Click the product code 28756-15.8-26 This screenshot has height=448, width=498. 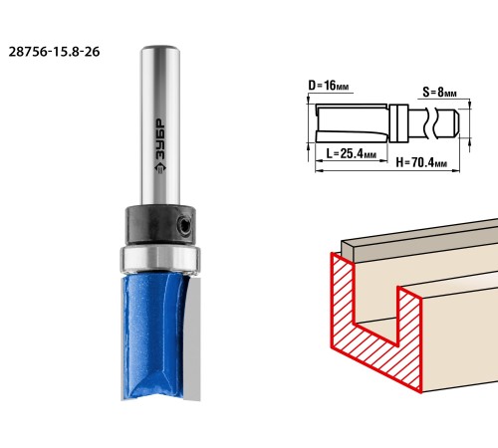pyautogui.click(x=54, y=52)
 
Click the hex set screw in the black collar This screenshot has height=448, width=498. pyautogui.click(x=183, y=226)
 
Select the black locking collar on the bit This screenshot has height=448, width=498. pyautogui.click(x=160, y=226)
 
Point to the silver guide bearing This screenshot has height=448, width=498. pyautogui.click(x=160, y=259)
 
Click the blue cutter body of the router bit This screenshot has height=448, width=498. pyautogui.click(x=152, y=336)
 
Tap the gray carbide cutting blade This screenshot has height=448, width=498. pyautogui.click(x=192, y=338)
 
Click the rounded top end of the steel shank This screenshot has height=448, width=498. pyautogui.click(x=160, y=49)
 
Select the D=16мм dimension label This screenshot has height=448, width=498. pyautogui.click(x=329, y=86)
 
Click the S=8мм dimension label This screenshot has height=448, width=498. pyautogui.click(x=439, y=92)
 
